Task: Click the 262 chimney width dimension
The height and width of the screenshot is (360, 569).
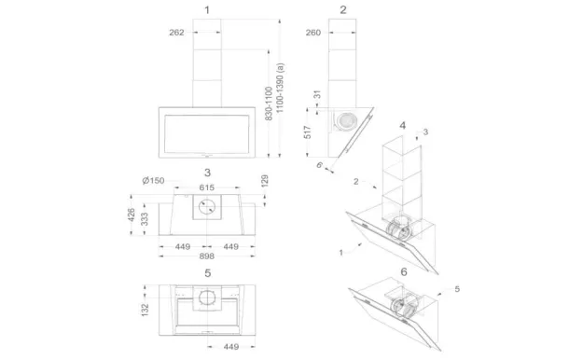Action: point(176,33)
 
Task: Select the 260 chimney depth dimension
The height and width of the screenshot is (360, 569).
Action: point(313,33)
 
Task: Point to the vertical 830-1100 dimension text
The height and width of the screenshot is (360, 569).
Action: point(269,104)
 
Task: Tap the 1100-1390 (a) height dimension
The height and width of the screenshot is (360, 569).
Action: point(280,88)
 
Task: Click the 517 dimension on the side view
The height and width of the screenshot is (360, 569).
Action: point(308,132)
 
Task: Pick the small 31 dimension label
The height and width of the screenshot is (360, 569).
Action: point(317,94)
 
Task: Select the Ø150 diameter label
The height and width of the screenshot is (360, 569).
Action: point(153,180)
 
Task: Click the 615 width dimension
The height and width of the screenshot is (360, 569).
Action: point(207,187)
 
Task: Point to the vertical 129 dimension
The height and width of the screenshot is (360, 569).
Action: point(265,181)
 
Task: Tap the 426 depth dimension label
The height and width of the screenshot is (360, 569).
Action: point(132,215)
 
